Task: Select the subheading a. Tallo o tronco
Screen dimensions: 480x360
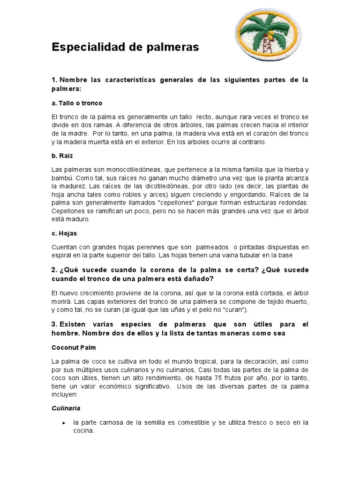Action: [77, 103]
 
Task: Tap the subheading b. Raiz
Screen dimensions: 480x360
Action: [62, 155]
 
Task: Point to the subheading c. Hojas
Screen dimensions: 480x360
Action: [64, 233]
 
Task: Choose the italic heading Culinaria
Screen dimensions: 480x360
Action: [66, 408]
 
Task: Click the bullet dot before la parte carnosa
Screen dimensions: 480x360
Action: [63, 423]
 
